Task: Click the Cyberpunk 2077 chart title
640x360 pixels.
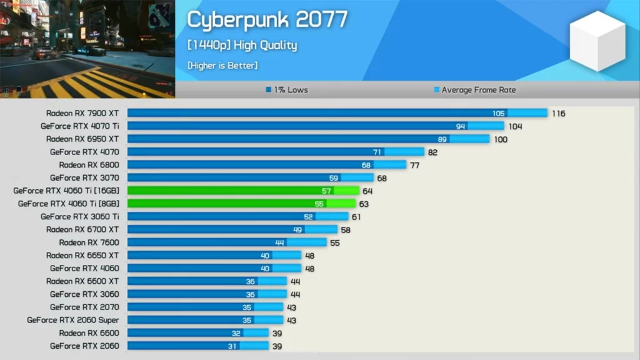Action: click(267, 20)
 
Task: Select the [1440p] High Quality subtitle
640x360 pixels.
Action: click(242, 45)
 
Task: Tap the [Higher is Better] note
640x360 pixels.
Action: click(222, 65)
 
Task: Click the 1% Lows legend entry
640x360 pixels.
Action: click(287, 90)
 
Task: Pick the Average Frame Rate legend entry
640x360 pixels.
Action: click(475, 90)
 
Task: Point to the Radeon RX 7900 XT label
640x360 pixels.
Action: click(82, 113)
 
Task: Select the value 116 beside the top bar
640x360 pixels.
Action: click(558, 113)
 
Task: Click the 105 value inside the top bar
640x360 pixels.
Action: click(498, 113)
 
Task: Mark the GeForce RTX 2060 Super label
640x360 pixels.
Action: click(73, 320)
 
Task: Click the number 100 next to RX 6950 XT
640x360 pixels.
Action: click(501, 139)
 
